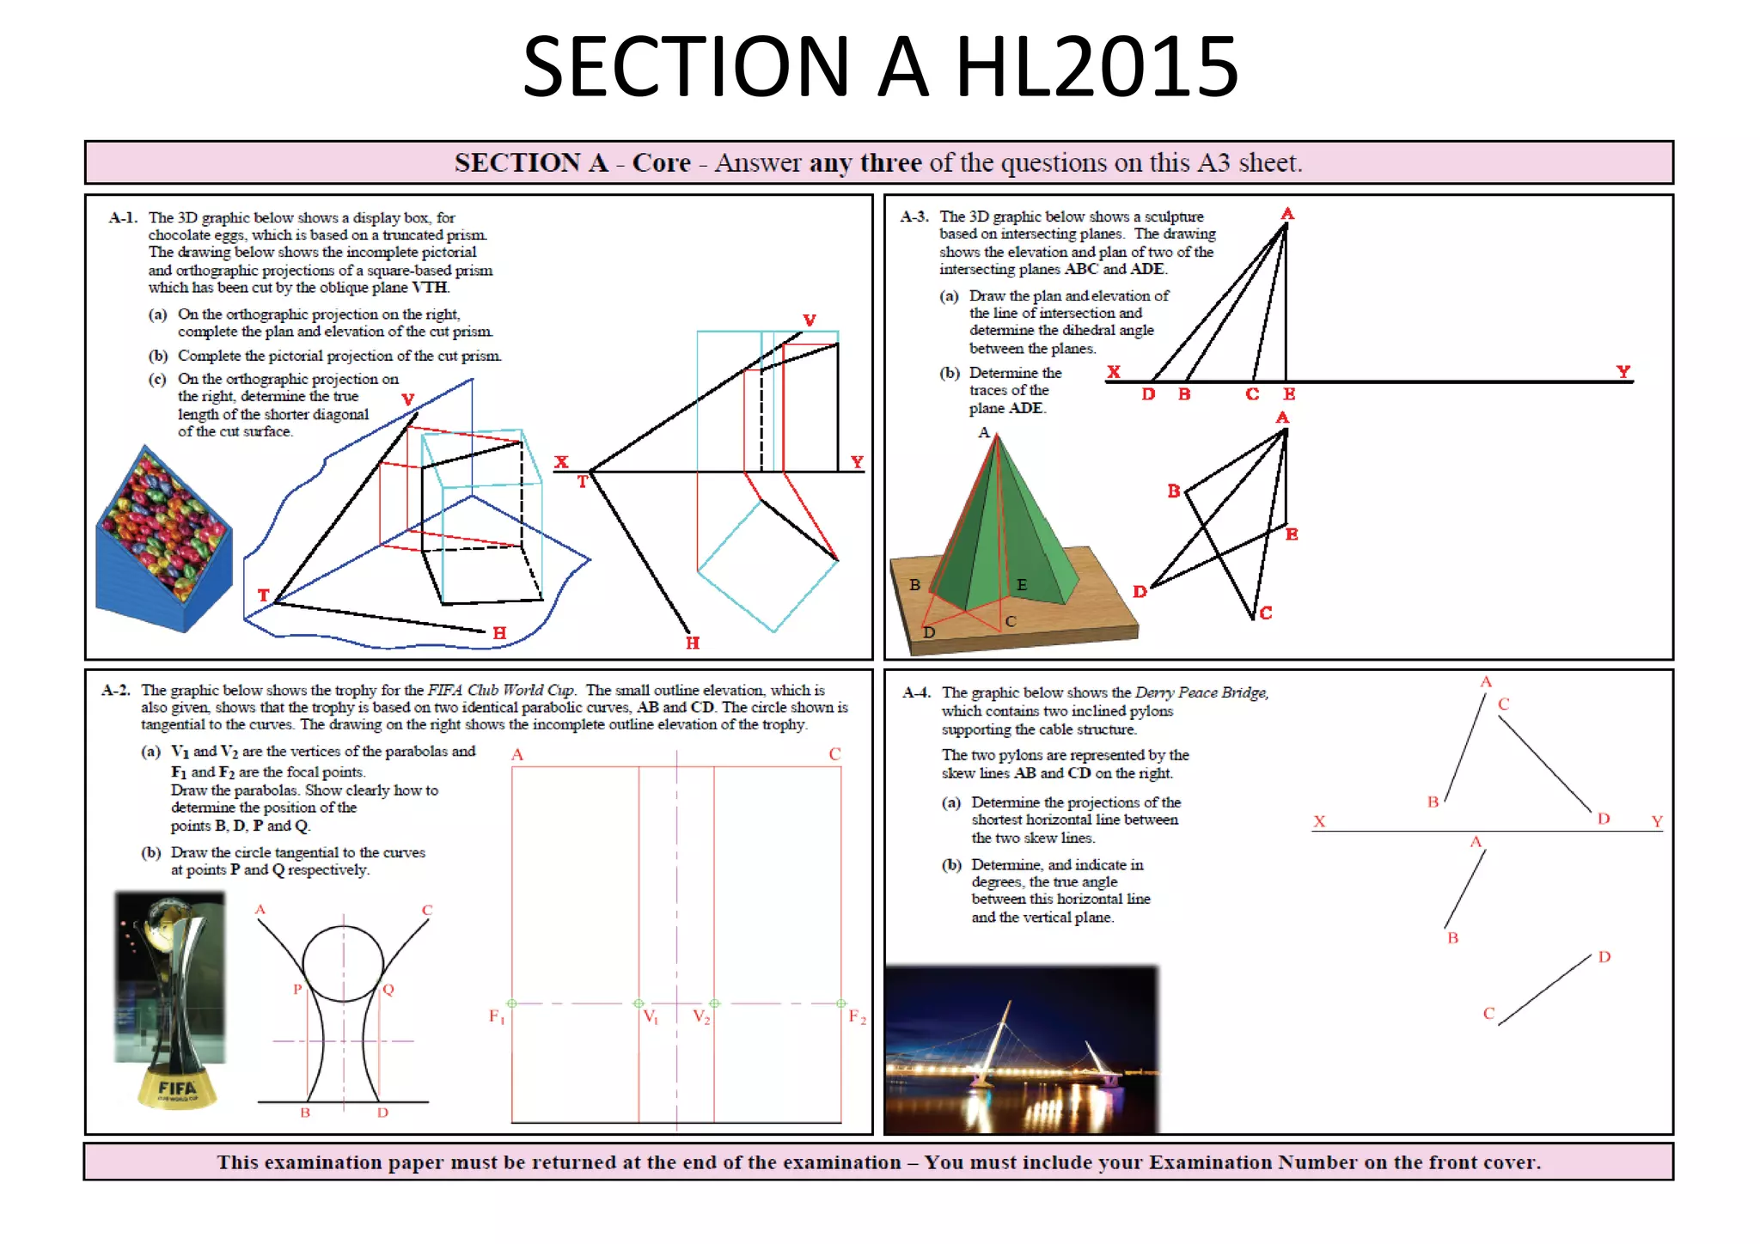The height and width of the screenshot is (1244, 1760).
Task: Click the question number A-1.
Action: point(123,217)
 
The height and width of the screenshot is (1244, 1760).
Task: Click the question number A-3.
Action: point(914,216)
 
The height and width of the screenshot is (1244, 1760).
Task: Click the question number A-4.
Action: point(916,692)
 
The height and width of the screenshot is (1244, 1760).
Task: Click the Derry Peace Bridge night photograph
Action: point(1021,1050)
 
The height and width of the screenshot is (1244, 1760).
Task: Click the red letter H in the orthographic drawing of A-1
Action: point(693,643)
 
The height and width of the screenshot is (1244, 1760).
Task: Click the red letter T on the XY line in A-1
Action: point(582,482)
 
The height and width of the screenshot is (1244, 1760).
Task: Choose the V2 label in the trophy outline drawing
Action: point(701,1017)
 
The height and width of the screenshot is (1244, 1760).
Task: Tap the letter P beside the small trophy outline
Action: point(297,989)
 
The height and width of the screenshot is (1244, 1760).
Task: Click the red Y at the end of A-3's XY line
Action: point(1622,371)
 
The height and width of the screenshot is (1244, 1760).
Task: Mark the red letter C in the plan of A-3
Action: point(1266,613)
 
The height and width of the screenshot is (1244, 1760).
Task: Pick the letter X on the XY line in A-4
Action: point(1319,821)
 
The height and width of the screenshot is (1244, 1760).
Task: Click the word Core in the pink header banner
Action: point(661,162)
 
